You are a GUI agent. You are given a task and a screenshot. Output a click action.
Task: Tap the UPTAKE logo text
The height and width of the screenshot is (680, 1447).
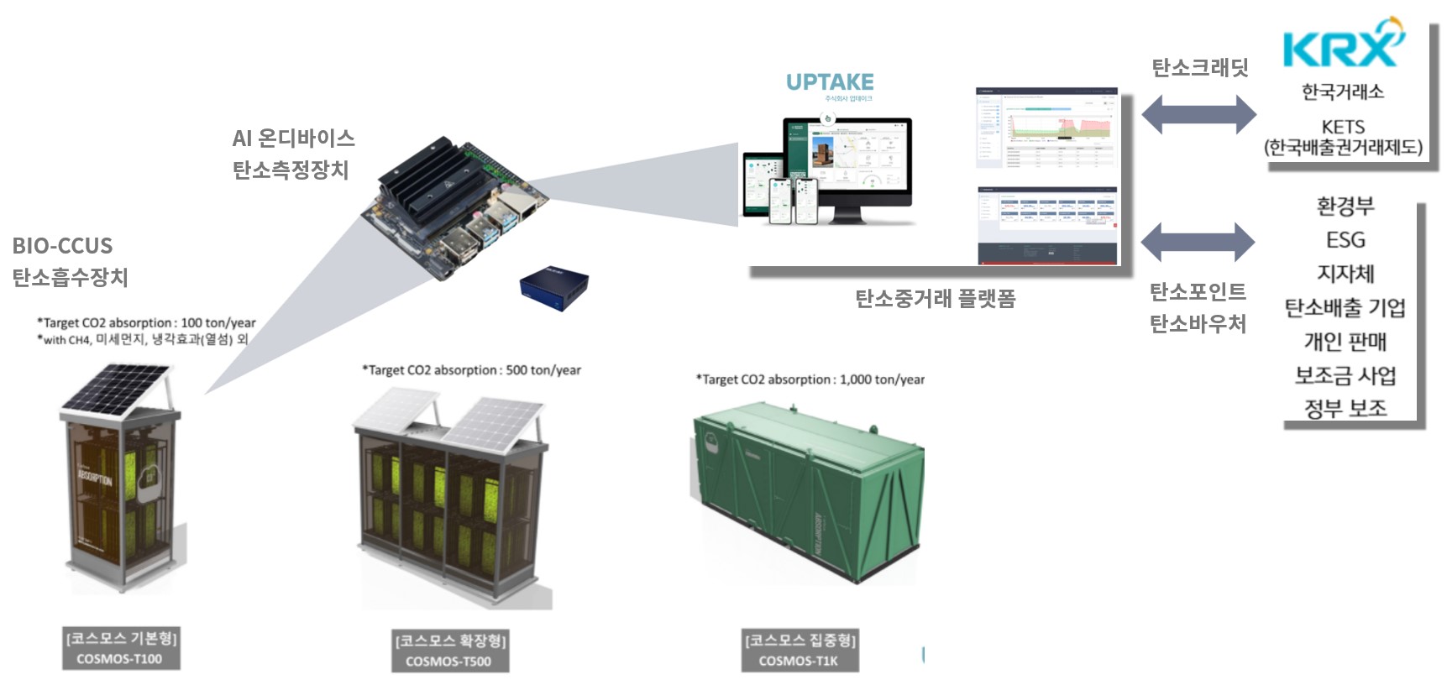pos(830,82)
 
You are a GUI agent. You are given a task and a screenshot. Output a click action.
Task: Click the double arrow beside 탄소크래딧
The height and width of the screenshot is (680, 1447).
pos(1198,114)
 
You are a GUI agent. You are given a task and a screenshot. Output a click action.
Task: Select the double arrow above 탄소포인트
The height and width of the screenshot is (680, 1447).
pos(1198,243)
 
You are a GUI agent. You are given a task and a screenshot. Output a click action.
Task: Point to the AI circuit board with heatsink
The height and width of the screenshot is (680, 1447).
pos(453,208)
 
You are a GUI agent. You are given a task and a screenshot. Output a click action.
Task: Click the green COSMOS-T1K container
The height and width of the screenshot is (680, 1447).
pos(806,495)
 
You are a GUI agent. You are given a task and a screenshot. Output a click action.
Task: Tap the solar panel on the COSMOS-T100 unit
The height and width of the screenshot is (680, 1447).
pos(118,391)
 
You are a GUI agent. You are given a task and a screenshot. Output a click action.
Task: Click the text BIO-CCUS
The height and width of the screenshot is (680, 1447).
pos(62,246)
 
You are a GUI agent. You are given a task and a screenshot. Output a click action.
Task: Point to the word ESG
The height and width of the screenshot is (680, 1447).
pos(1345,240)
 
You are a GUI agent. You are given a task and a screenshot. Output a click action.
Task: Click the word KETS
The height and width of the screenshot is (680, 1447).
pos(1343,127)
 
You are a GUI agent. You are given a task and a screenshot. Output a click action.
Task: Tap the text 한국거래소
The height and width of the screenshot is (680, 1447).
pos(1343,92)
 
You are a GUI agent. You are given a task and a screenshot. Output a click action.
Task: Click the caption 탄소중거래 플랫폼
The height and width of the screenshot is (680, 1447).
pos(936,299)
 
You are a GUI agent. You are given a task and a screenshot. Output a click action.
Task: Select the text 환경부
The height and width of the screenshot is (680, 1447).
pos(1345,206)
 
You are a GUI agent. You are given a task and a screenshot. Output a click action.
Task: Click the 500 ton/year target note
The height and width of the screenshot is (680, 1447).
pos(471,370)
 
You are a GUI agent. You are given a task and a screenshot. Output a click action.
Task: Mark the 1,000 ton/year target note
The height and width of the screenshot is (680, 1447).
pos(810,379)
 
